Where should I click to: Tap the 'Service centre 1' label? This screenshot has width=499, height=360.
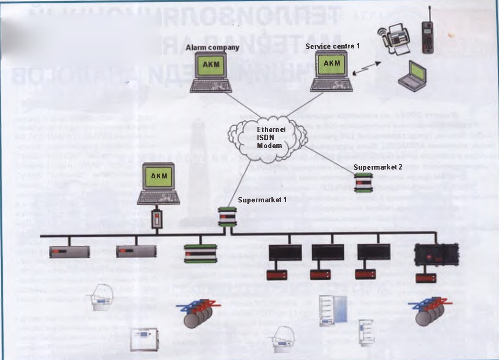pos(333,46)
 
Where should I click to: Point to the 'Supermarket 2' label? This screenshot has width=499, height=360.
pos(373,167)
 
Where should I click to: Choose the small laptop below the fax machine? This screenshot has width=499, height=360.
pos(413,77)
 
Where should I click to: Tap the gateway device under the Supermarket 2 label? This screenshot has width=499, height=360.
pos(364,182)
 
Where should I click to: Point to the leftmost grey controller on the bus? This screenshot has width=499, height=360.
pos(69,252)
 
